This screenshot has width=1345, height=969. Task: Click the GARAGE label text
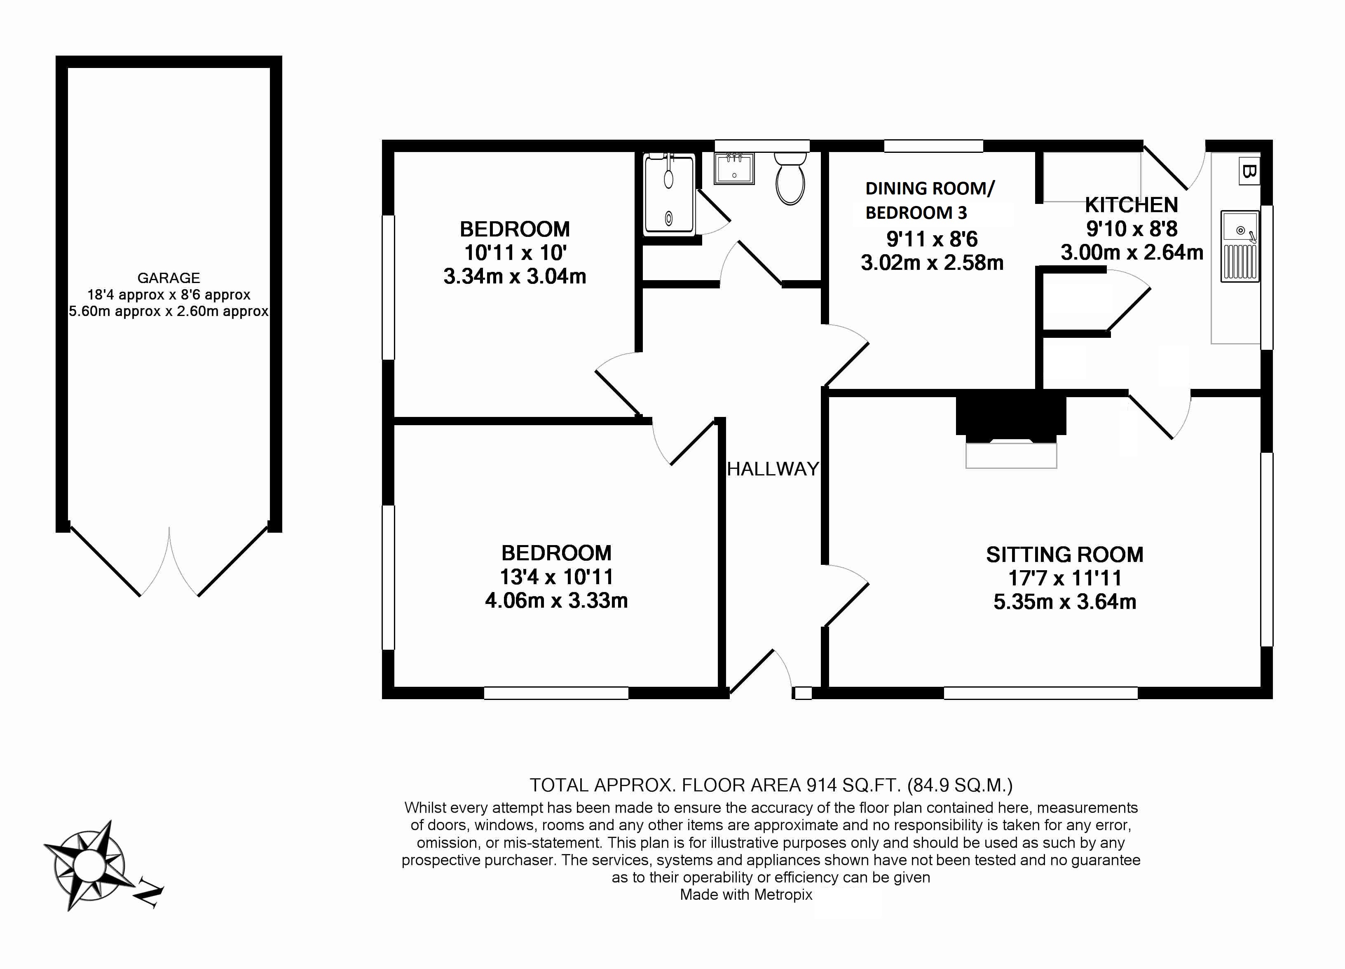pyautogui.click(x=169, y=278)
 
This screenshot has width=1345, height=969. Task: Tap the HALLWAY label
pyautogui.click(x=772, y=469)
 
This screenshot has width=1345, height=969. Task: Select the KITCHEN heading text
pyautogui.click(x=1131, y=205)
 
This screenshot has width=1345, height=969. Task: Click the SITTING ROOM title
pyautogui.click(x=1064, y=555)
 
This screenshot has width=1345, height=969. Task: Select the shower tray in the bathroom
pyautogui.click(x=669, y=194)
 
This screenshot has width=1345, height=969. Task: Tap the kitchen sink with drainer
pyautogui.click(x=1240, y=246)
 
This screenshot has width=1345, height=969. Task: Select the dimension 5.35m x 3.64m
pyautogui.click(x=1064, y=602)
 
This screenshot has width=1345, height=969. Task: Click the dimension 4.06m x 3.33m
pyautogui.click(x=556, y=601)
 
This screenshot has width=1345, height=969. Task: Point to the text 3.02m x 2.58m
pyautogui.click(x=932, y=263)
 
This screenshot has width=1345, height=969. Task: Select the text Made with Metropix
pyautogui.click(x=745, y=895)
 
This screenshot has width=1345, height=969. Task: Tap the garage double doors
pyautogui.click(x=169, y=563)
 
